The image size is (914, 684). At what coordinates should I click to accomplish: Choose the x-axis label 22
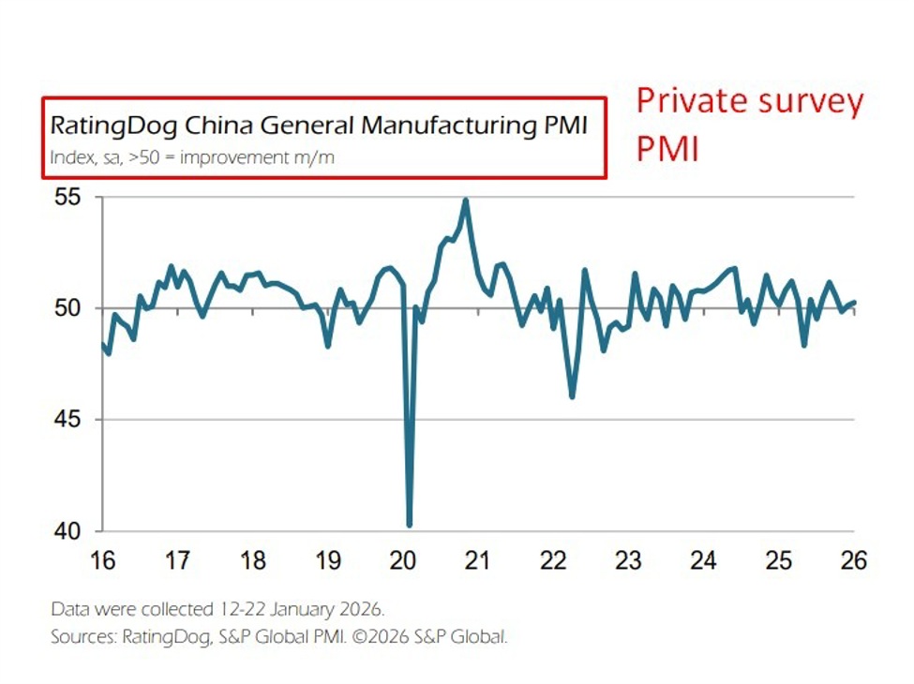click(x=553, y=561)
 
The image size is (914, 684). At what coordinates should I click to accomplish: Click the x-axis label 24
click(x=703, y=561)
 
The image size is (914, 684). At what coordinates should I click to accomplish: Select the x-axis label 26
click(x=853, y=561)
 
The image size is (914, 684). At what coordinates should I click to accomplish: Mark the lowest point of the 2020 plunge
click(x=410, y=525)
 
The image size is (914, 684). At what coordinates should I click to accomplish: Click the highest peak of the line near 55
click(x=466, y=200)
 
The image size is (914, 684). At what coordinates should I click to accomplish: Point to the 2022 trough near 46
click(x=572, y=396)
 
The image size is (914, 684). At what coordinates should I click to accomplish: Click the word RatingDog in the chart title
click(x=99, y=126)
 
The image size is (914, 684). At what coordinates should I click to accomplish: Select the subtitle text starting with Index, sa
click(x=192, y=157)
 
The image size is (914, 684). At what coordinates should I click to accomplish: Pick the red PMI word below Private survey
click(x=667, y=148)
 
